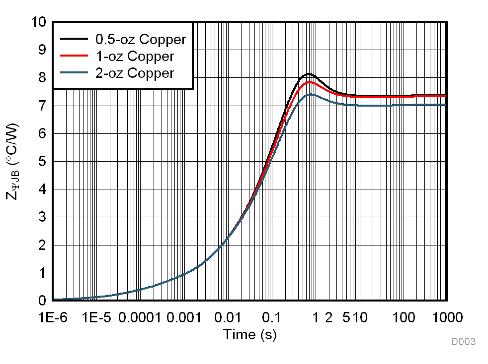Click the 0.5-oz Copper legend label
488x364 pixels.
(140, 39)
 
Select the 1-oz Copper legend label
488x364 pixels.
(134, 56)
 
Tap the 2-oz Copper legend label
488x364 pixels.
(134, 73)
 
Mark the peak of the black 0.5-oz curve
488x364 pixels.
(309, 74)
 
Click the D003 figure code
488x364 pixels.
(463, 342)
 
